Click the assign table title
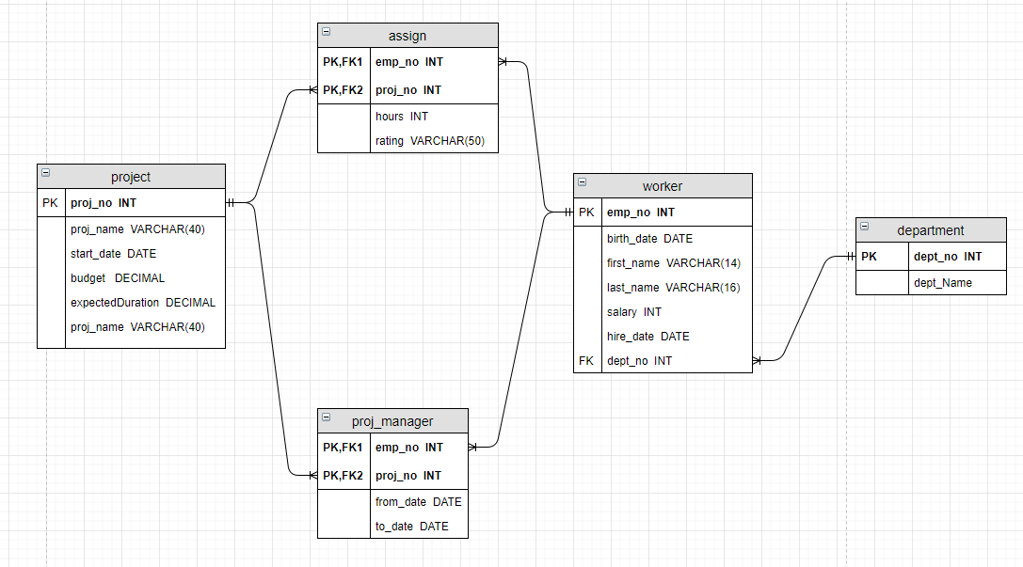click(408, 36)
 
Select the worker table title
click(663, 186)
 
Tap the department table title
click(931, 230)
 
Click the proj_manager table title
click(392, 421)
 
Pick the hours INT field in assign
click(402, 117)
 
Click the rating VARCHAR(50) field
click(429, 141)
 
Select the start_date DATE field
click(113, 254)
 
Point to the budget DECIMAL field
click(118, 278)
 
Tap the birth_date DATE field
click(649, 239)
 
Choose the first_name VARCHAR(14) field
click(673, 263)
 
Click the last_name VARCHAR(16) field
click(673, 288)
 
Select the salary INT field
click(634, 312)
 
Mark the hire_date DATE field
click(647, 337)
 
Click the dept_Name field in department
click(943, 282)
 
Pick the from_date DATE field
click(418, 502)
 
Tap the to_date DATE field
click(411, 527)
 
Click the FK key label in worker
click(586, 361)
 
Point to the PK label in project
click(50, 203)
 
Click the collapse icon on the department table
click(865, 227)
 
